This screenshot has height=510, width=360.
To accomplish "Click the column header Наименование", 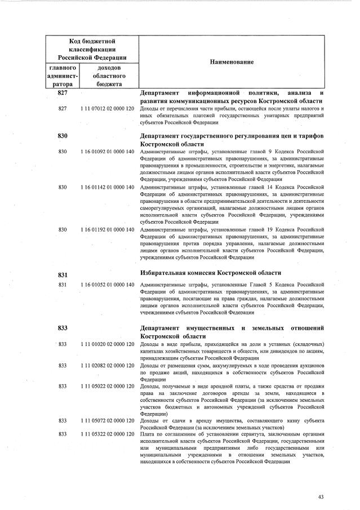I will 232,61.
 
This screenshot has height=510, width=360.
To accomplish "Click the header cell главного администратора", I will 63,76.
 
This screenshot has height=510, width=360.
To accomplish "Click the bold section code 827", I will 63,93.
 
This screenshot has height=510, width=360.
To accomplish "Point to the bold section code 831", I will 63,275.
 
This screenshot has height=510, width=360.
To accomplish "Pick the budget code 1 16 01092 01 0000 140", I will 107,152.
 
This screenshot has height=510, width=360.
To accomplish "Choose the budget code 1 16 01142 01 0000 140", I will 107,187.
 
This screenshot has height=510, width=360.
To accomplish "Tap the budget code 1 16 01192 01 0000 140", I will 107,230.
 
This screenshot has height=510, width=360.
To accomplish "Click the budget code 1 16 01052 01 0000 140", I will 107,285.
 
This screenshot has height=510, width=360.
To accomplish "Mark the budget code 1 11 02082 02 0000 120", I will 107,366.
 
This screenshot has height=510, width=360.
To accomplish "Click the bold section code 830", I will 63,136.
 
